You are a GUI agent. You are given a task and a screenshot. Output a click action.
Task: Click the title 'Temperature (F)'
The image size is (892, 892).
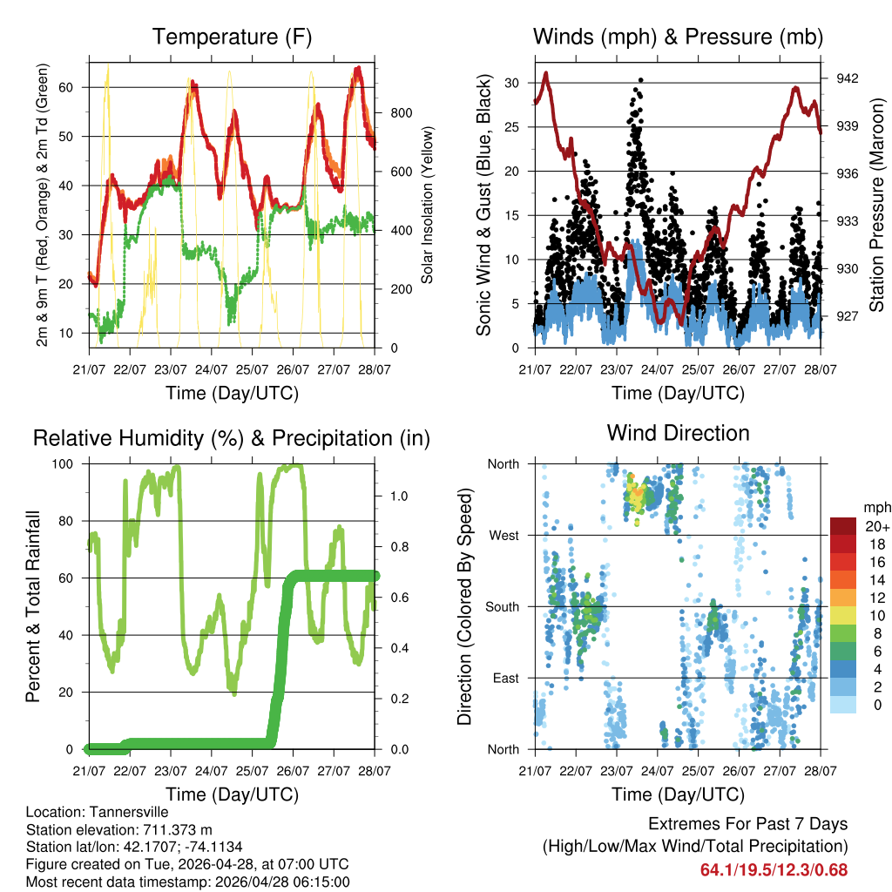click(x=232, y=37)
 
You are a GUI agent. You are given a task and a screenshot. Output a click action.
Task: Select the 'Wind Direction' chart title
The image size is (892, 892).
click(x=678, y=432)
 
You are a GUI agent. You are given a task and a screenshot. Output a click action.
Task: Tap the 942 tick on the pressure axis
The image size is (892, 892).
click(x=848, y=78)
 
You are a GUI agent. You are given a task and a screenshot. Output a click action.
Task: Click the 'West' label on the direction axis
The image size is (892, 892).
click(x=503, y=535)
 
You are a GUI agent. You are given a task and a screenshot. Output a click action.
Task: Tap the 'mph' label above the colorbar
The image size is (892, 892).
click(x=875, y=507)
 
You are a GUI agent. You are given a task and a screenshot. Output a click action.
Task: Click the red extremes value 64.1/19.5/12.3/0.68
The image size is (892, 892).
click(x=774, y=869)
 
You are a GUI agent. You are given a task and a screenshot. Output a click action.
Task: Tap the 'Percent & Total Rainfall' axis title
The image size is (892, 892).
click(x=33, y=607)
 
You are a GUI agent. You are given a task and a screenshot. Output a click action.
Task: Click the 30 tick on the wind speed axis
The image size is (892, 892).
click(x=514, y=83)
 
